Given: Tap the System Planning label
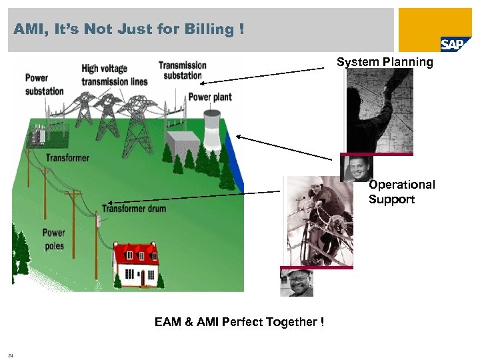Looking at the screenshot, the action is [385, 62].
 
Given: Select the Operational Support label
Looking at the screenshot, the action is [401, 192].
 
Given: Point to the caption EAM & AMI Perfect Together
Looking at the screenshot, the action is [239, 322].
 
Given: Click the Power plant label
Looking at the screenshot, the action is [210, 97].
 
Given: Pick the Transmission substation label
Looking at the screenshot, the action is [182, 70].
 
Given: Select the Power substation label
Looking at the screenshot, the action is [45, 84].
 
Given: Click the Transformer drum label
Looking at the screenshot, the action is [133, 209].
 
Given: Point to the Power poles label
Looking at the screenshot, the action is [54, 239].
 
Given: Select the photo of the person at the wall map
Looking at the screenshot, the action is [379, 111].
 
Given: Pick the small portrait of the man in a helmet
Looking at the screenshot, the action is [297, 283].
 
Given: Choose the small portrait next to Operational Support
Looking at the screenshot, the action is [357, 169].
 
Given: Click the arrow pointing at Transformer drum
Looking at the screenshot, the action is [193, 197].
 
